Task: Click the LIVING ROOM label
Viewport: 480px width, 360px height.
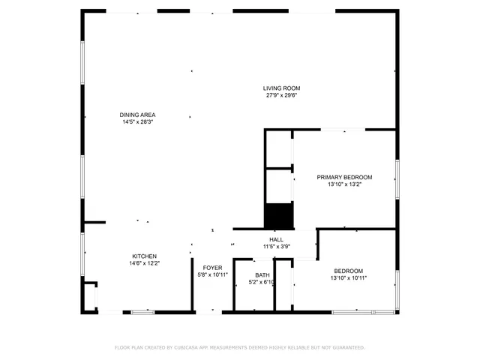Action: click(x=281, y=88)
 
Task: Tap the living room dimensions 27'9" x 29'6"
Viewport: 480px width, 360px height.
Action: click(x=281, y=95)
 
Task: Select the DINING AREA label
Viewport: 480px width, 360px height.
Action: click(x=138, y=115)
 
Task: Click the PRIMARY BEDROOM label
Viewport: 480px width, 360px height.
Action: click(x=344, y=177)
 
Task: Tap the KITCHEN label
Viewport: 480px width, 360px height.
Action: click(x=144, y=256)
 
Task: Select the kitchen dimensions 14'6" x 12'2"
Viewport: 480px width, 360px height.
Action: click(x=144, y=262)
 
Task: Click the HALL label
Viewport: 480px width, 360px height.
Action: click(x=276, y=239)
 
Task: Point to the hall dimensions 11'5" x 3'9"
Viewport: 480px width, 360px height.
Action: click(x=276, y=246)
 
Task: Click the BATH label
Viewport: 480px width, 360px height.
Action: click(x=262, y=275)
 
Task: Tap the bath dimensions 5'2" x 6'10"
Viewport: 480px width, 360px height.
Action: click(x=262, y=282)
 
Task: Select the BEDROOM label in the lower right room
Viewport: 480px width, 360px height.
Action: click(x=349, y=271)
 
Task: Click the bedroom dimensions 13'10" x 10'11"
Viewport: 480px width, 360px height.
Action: click(x=349, y=277)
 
